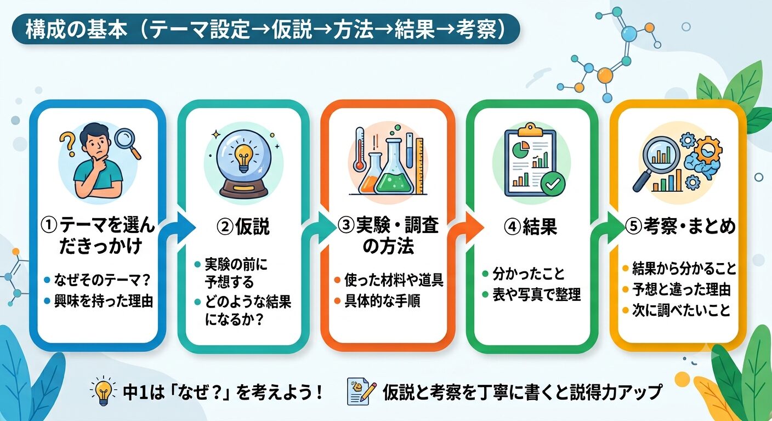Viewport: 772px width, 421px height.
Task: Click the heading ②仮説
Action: pyautogui.click(x=243, y=227)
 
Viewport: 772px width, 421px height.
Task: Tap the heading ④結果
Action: pyautogui.click(x=531, y=227)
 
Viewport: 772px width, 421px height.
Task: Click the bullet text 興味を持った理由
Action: pyautogui.click(x=104, y=301)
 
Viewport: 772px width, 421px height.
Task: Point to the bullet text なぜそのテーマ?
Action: pyautogui.click(x=103, y=280)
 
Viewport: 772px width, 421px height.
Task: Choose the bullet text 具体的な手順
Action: pyautogui.click(x=382, y=301)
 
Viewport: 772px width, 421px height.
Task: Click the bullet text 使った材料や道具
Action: pyautogui.click(x=394, y=280)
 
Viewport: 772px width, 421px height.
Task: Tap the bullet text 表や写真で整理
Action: pyautogui.click(x=537, y=294)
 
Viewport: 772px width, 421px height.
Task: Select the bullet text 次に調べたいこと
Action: pyautogui.click(x=682, y=310)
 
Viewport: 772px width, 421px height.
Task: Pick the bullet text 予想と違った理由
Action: pyautogui.click(x=682, y=289)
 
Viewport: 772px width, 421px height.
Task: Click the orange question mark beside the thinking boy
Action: pyautogui.click(x=67, y=145)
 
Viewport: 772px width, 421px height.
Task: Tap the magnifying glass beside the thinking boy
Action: pyautogui.click(x=128, y=143)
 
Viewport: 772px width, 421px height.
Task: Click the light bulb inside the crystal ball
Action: pyautogui.click(x=244, y=158)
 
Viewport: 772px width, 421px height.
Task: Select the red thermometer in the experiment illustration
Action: pyautogui.click(x=360, y=149)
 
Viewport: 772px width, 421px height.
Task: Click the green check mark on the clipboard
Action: pyautogui.click(x=553, y=184)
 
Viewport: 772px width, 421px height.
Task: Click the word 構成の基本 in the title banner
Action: pyautogui.click(x=77, y=29)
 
